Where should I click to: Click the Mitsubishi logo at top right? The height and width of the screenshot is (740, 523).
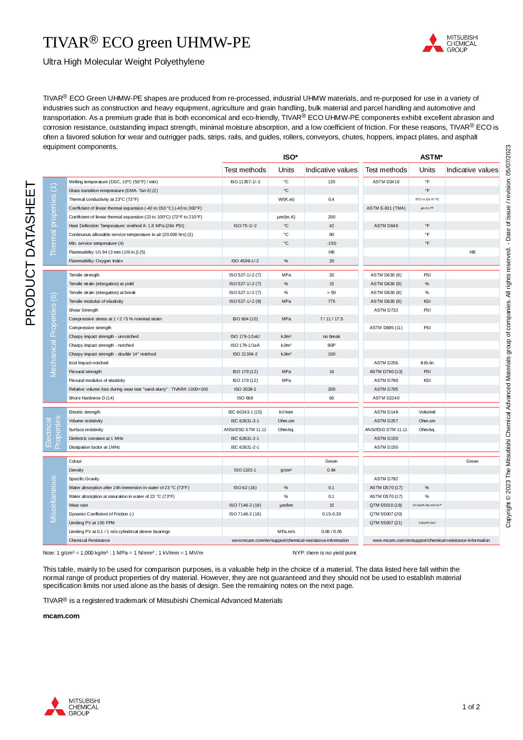pos(450,43)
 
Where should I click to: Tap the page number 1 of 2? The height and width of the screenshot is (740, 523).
pos(471,707)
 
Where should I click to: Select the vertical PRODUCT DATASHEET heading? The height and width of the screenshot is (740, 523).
pos(30,253)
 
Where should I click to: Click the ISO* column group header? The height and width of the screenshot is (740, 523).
pos(290,157)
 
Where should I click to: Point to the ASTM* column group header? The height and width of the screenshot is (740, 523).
pos(431,157)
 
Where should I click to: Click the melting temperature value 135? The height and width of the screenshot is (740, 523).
pos(332,181)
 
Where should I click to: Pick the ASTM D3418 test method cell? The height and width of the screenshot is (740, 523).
pos(386,181)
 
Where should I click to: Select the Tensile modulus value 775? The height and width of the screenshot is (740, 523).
pos(332,301)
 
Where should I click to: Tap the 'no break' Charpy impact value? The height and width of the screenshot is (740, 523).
pos(332,336)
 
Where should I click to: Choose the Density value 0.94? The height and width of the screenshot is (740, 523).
pos(332,470)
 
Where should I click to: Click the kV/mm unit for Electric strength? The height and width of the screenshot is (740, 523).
pos(286,412)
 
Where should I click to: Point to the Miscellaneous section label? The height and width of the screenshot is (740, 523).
pos(54,499)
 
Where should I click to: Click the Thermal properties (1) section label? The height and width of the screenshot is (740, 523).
pos(54,220)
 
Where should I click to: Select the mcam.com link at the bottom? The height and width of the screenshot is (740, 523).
pos(61,616)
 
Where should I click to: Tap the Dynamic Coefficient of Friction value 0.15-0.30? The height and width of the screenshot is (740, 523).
pos(332,514)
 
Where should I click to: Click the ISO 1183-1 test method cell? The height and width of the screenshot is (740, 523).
pos(245,470)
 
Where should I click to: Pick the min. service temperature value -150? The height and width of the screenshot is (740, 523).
pos(332,243)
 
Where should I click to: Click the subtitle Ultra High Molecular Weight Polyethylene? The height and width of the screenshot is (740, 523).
pos(124,62)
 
